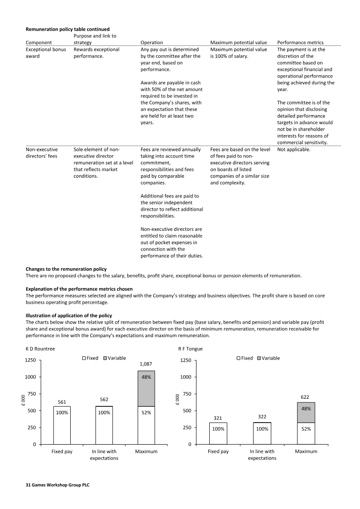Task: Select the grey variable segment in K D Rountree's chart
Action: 146,388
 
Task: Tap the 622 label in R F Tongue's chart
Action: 304,397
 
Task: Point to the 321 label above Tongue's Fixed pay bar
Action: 218,418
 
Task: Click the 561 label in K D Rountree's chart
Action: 62,402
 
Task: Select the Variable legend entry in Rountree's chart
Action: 114,358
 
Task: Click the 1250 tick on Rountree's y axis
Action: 31,360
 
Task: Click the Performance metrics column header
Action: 300,42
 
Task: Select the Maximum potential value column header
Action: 238,42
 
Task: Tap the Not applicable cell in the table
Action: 293,149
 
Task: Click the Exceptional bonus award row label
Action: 45,53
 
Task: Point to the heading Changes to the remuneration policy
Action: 66,269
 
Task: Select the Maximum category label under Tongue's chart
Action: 306,451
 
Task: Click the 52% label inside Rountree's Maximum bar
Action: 146,413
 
